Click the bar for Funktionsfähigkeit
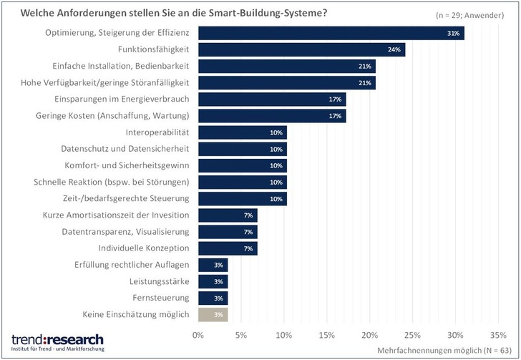coord(301,49)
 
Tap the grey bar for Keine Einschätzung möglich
coord(213,314)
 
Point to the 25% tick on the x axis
coord(412,334)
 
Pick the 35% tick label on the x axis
coord(497,334)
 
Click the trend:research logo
coord(57,341)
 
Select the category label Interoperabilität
coord(157,132)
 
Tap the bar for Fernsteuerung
coord(213,298)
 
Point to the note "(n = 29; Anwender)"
coord(469,14)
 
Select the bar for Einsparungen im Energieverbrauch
coord(272,99)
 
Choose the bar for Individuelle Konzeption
coord(228,248)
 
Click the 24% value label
coord(394,49)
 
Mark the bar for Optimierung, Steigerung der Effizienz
coord(331,33)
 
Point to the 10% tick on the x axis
coord(283,334)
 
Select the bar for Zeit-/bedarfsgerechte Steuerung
coord(243,198)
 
